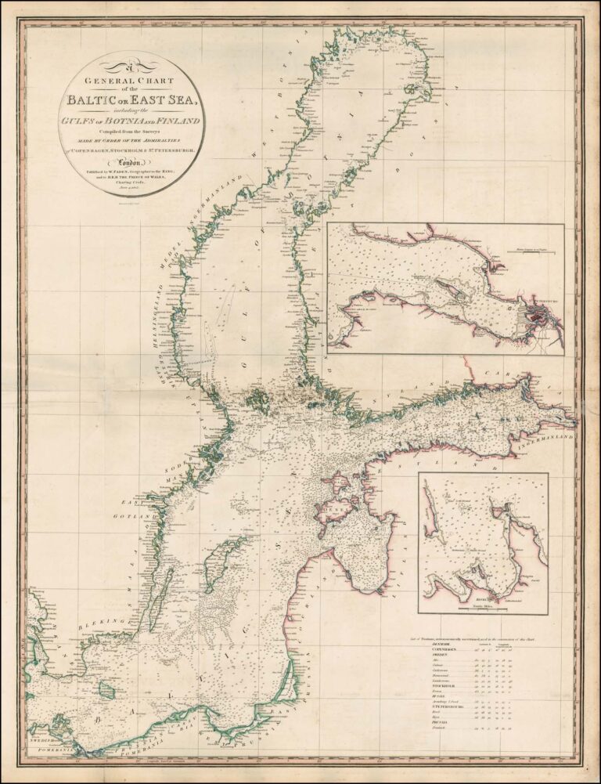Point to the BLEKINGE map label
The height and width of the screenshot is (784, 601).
click(x=105, y=623)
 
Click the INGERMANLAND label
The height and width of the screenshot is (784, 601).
click(x=548, y=428)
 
